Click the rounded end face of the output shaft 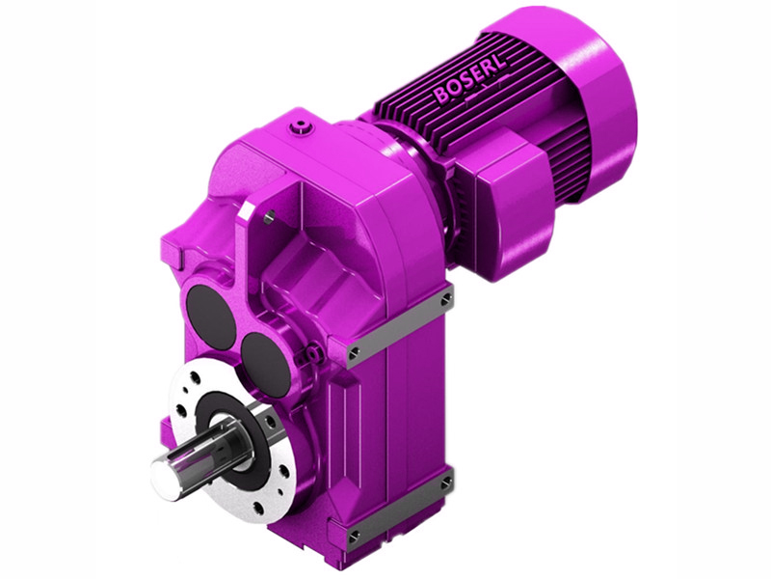[x=167, y=475]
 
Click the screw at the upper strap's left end [x=355, y=349]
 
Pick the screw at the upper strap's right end [x=445, y=301]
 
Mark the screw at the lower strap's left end [x=353, y=533]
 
